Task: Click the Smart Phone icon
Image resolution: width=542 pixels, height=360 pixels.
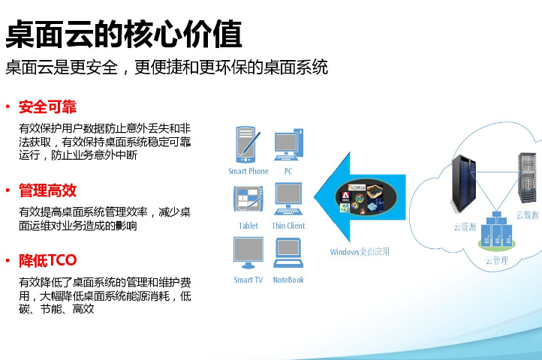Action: pyautogui.click(x=247, y=145)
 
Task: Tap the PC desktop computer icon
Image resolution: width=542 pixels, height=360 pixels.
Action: pyautogui.click(x=288, y=145)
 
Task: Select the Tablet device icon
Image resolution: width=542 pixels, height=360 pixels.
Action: pyautogui.click(x=248, y=198)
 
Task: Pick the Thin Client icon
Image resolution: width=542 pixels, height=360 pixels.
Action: pyautogui.click(x=288, y=199)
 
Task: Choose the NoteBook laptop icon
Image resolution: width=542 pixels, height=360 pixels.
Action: pyautogui.click(x=288, y=253)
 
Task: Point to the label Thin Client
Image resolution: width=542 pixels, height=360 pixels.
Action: pyautogui.click(x=288, y=226)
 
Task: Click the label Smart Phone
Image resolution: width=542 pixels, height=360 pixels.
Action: pyautogui.click(x=248, y=171)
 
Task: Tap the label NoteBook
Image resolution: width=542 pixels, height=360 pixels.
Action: pyautogui.click(x=288, y=280)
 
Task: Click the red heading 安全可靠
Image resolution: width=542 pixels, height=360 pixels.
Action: pyautogui.click(x=47, y=106)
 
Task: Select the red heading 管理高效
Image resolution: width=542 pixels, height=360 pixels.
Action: pyautogui.click(x=47, y=190)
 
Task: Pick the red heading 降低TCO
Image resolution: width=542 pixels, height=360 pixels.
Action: pyautogui.click(x=48, y=260)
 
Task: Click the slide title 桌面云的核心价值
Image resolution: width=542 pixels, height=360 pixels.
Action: pyautogui.click(x=123, y=34)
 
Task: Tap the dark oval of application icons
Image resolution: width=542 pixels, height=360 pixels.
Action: pyautogui.click(x=366, y=197)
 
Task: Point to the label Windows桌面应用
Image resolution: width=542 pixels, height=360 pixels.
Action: pyautogui.click(x=360, y=252)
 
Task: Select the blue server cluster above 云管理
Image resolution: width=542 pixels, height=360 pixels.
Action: pyautogui.click(x=497, y=230)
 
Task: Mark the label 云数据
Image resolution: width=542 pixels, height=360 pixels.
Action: pyautogui.click(x=528, y=215)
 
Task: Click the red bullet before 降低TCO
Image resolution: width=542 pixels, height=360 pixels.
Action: pyautogui.click(x=8, y=260)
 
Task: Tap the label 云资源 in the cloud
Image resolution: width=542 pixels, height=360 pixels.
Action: pyautogui.click(x=465, y=227)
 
